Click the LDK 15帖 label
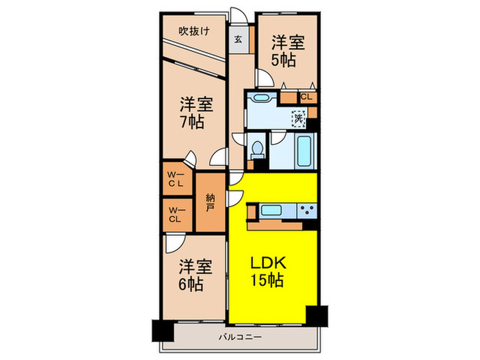click(266, 272)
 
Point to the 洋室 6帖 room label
click(192, 274)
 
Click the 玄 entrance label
click(237, 39)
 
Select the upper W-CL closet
click(175, 180)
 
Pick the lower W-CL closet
click(175, 215)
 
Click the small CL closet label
click(306, 97)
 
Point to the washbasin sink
click(260, 98)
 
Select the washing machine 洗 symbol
click(298, 119)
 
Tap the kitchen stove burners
click(307, 210)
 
